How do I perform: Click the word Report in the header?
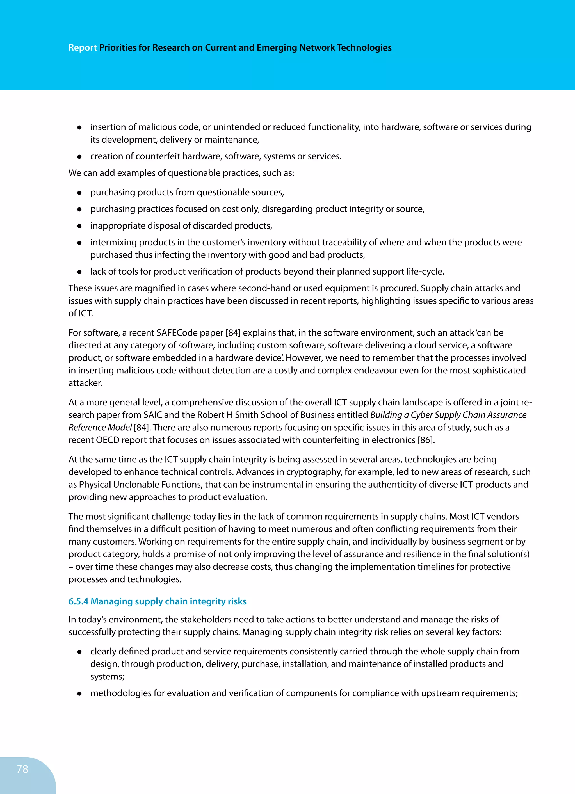click(x=83, y=48)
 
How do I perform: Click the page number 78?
click(x=22, y=769)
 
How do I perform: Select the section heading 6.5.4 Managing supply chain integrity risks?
click(x=157, y=601)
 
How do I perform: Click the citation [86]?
click(x=426, y=440)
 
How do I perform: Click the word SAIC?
click(x=152, y=415)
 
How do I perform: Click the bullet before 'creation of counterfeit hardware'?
click(x=79, y=156)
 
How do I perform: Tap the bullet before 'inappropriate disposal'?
click(x=79, y=226)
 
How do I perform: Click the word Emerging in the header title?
click(x=276, y=48)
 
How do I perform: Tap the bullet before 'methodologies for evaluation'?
click(x=79, y=693)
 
